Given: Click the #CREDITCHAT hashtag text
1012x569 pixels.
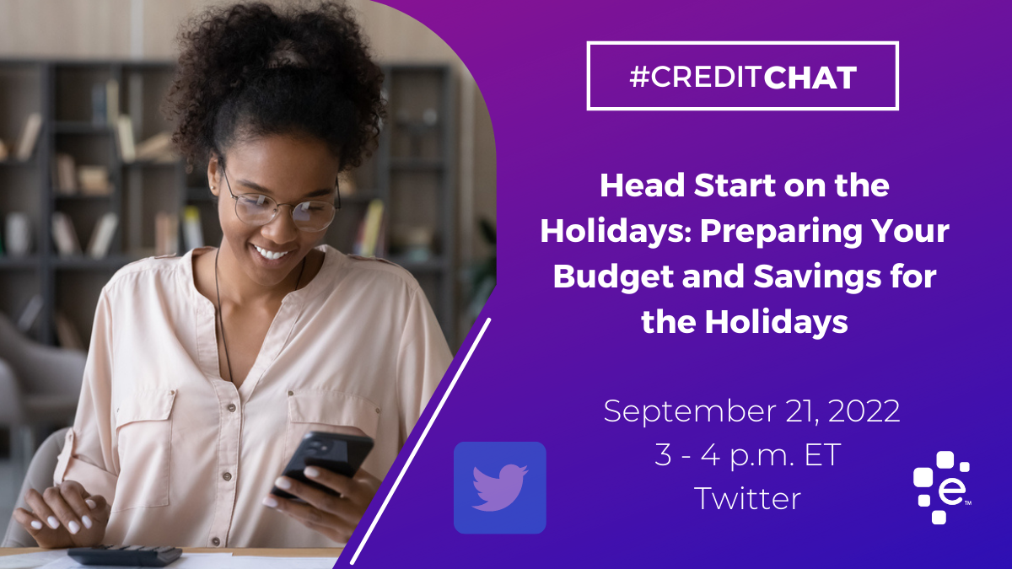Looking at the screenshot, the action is [743, 77].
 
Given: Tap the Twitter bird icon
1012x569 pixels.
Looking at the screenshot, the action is [499, 488].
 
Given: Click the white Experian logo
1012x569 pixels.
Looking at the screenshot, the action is [941, 487].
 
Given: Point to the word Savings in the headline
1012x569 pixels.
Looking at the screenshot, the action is [817, 276].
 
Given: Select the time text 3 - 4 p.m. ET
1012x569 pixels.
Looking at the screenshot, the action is [748, 455].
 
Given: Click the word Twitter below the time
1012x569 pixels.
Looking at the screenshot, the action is [748, 498].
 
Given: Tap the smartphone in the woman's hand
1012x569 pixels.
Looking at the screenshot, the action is [324, 463].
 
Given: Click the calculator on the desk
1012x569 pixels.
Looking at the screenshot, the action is [125, 556].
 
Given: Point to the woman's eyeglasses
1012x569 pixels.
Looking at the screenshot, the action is [279, 203].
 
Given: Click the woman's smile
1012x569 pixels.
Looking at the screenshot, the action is [272, 253].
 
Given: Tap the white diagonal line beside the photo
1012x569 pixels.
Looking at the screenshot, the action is [420, 441].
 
